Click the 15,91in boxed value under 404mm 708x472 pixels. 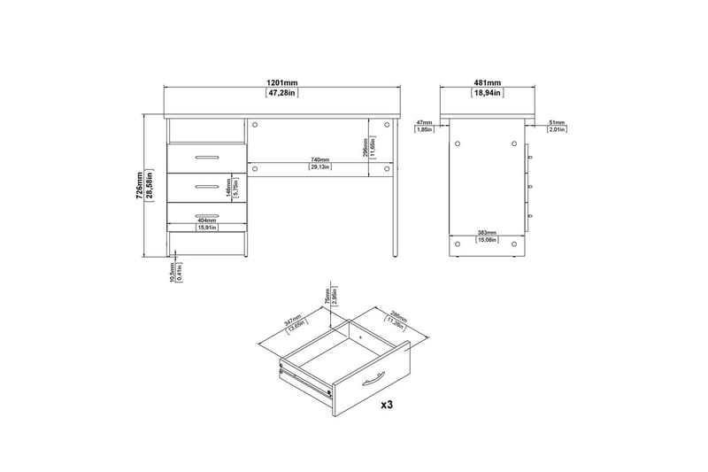click(x=208, y=228)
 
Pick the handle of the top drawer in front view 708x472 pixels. click(x=207, y=158)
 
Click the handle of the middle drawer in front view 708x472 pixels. click(x=207, y=186)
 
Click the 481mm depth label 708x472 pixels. click(x=488, y=81)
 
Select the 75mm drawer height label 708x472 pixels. click(x=327, y=293)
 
